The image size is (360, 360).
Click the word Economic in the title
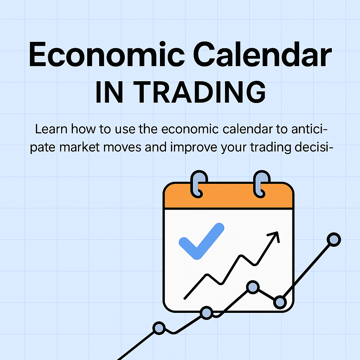pos(107,54)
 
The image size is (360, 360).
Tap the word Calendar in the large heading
pos(262,54)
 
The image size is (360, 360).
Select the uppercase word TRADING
pos(199,92)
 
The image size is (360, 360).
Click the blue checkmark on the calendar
pos(201,241)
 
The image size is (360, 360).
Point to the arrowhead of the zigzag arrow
pos(274,236)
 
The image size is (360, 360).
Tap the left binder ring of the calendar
pos(199,184)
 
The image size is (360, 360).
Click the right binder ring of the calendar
pos(262,184)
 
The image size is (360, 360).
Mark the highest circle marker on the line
pos(334,239)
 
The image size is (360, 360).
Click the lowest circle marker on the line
pos(159,328)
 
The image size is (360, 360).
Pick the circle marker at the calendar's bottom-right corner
pos(280,302)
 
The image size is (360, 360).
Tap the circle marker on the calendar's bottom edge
pos(206,313)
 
